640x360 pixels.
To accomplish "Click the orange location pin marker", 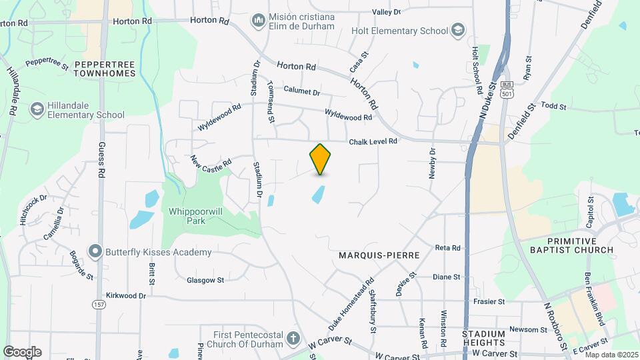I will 321,159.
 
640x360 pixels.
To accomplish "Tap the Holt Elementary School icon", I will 457,30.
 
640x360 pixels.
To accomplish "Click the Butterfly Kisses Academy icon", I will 95,252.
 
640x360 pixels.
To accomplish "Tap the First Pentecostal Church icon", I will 292,339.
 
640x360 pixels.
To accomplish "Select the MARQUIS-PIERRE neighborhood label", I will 379,255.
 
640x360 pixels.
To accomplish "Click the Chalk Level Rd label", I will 373,141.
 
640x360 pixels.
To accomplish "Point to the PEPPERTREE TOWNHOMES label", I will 105,69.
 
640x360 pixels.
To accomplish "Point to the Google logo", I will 22,351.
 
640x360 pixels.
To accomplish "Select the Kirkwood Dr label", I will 125,295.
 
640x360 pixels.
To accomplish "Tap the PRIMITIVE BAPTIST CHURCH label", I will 580,245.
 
